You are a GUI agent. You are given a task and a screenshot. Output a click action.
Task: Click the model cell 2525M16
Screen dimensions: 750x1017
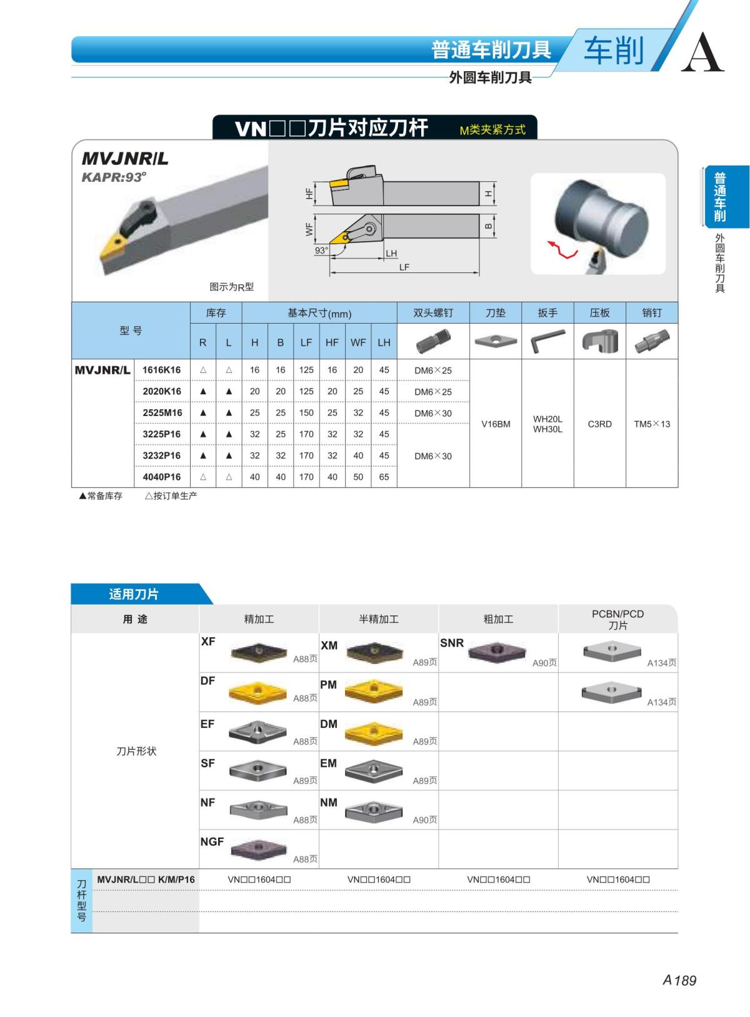point(162,413)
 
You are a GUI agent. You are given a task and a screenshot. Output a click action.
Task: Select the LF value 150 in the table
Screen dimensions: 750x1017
point(306,413)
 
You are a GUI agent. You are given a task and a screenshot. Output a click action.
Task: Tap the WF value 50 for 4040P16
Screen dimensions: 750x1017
point(358,477)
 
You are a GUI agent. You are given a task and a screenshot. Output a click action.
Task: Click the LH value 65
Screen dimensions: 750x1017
point(384,477)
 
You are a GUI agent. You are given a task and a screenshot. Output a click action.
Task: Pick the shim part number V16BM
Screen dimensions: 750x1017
point(496,424)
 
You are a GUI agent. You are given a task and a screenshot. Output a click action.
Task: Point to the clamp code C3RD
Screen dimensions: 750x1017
point(599,424)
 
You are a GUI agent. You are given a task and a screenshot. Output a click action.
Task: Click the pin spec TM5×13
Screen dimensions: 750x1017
point(652,424)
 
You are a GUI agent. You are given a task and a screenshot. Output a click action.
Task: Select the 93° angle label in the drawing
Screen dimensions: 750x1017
point(321,251)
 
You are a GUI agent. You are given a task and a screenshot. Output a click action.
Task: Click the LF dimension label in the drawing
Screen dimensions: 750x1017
point(404,267)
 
